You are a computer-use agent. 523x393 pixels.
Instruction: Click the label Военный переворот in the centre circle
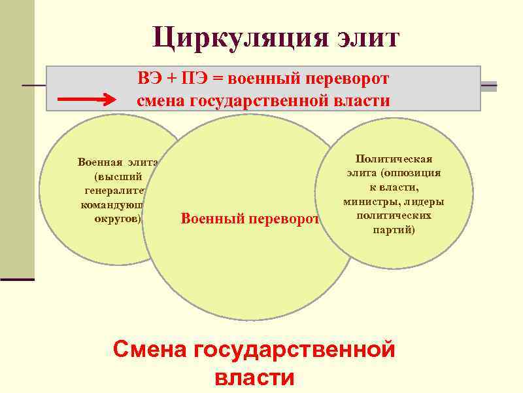pyautogui.click(x=249, y=218)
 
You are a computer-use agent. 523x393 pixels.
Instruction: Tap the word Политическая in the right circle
pyautogui.click(x=394, y=159)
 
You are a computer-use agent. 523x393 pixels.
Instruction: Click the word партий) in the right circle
pyautogui.click(x=394, y=231)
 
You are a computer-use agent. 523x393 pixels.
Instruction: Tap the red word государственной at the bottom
pyautogui.click(x=294, y=349)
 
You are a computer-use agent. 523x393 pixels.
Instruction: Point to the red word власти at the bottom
pyautogui.click(x=254, y=379)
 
